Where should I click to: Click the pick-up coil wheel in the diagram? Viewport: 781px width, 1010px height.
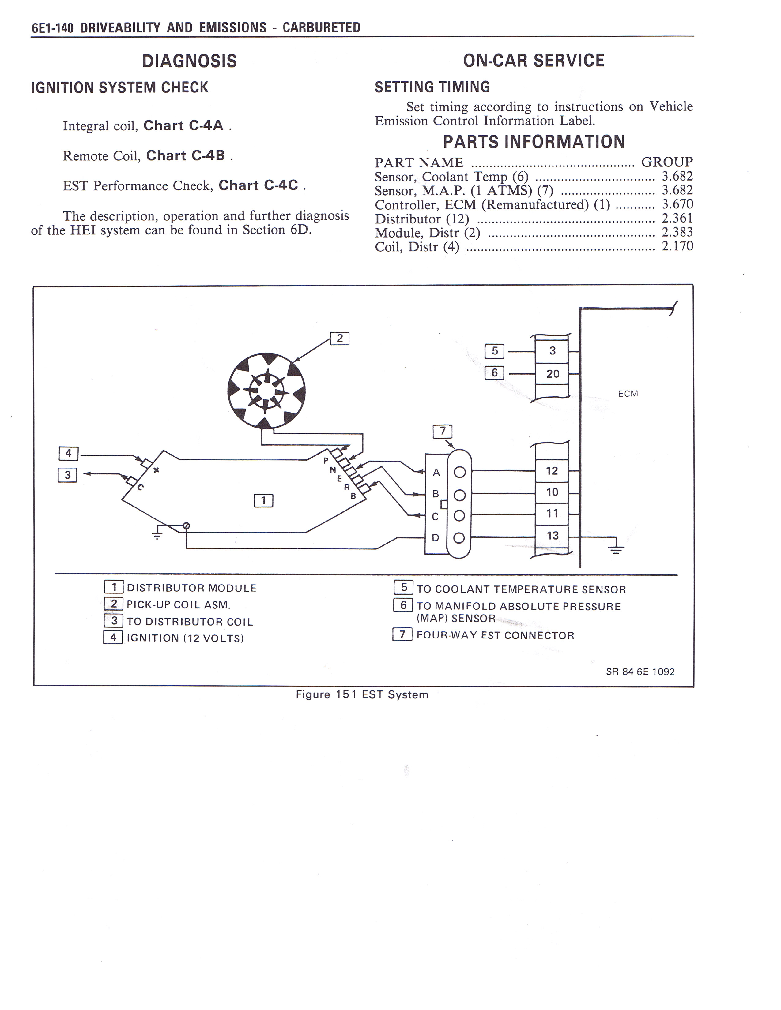266,391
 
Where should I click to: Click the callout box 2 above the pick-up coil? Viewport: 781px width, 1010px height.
340,339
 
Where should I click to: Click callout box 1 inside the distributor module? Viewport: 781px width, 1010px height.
263,500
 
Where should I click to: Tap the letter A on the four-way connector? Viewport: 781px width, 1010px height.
436,473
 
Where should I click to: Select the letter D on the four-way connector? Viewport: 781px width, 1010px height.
436,538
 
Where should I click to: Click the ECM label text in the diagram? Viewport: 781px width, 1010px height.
628,394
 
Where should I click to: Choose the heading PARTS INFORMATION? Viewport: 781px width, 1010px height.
534,141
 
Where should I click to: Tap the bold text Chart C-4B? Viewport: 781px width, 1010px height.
186,155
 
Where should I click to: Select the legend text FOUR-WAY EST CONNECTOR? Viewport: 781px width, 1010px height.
495,635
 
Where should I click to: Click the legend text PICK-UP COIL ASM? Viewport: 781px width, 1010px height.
179,605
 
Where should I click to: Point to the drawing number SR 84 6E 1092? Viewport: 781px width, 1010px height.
640,672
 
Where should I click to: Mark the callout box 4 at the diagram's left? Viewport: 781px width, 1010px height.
69,453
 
